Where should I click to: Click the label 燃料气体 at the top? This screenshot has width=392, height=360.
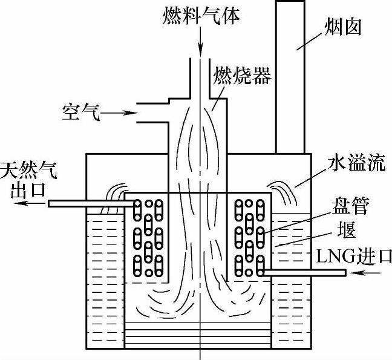200,13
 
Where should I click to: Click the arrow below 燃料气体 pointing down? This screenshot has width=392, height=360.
200,39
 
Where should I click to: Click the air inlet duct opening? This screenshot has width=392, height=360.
148,113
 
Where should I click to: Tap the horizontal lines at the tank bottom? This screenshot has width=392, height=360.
200,336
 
